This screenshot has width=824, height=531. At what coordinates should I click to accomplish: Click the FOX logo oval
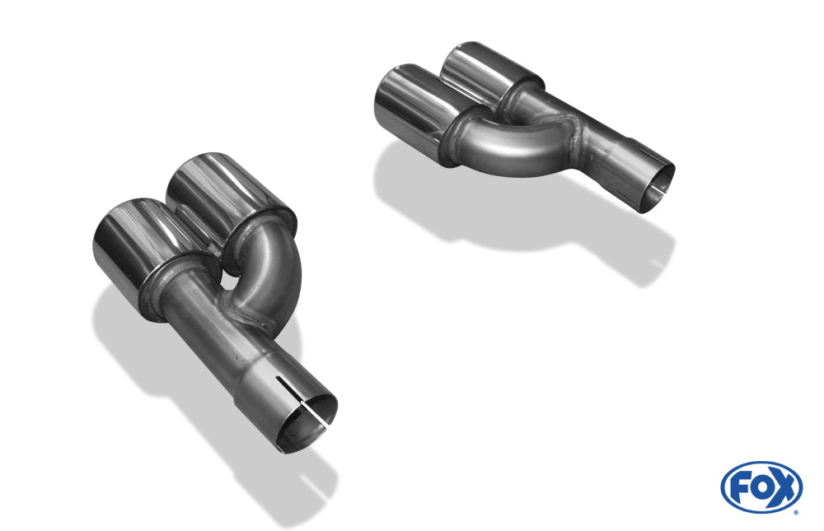[x=761, y=487]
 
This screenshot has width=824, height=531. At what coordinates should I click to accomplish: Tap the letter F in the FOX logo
[x=740, y=487]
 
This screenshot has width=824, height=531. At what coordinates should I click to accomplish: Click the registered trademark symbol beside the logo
[x=795, y=511]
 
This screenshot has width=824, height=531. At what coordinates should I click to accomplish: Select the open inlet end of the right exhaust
[x=655, y=185]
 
